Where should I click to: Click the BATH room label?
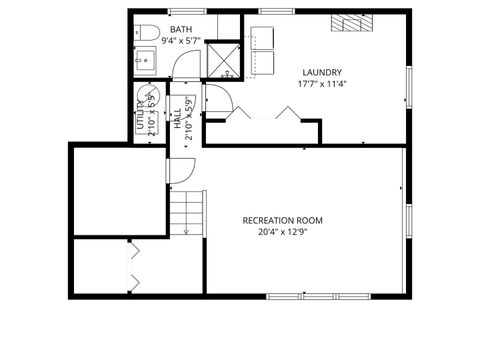point(181,30)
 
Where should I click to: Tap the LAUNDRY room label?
point(321,72)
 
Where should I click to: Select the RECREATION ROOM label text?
point(283,220)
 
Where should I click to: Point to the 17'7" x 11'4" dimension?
point(321,84)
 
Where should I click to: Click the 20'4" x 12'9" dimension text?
point(283,232)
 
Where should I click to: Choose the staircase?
point(185,213)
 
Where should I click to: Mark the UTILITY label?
point(140,122)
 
